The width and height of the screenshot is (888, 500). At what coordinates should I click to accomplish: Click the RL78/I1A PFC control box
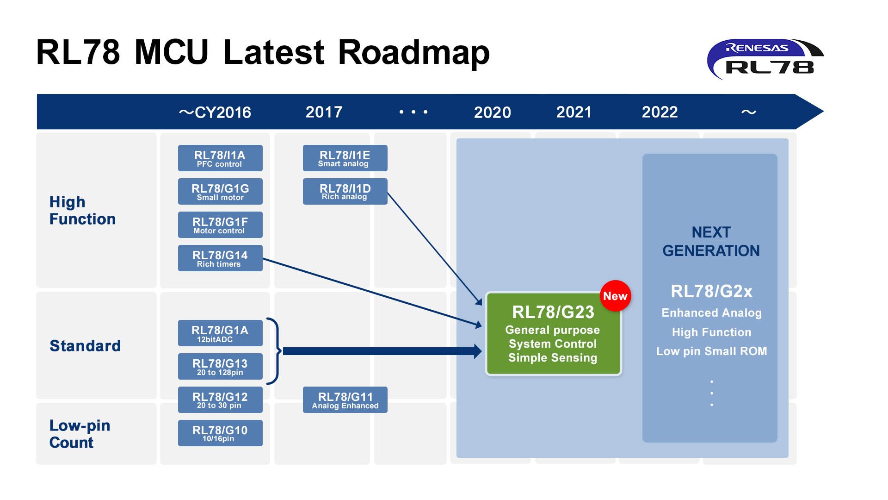[220, 158]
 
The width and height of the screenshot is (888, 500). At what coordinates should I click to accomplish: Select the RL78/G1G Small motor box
[220, 191]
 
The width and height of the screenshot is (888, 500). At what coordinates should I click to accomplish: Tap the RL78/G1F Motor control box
[220, 225]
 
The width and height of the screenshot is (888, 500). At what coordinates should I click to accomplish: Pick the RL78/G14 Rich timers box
[220, 258]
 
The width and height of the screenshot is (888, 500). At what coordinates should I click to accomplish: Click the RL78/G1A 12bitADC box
[220, 333]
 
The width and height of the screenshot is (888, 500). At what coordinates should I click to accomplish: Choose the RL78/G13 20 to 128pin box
[220, 366]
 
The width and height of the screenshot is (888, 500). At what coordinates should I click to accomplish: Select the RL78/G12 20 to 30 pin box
[220, 400]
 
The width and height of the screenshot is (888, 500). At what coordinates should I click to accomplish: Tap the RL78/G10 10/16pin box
[220, 433]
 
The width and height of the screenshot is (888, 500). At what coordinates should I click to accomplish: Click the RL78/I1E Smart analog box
[345, 158]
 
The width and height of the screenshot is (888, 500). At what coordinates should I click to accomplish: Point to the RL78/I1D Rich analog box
[345, 191]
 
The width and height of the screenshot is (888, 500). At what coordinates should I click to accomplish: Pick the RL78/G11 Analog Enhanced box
[345, 400]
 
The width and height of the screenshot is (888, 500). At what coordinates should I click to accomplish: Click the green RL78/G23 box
[553, 333]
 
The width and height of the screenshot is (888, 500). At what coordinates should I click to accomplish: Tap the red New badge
[615, 296]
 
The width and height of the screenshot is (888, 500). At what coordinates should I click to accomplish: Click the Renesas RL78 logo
[765, 59]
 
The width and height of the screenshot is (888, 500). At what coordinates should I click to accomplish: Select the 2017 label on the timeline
[324, 112]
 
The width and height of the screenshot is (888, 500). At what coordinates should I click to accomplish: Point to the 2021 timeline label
[574, 112]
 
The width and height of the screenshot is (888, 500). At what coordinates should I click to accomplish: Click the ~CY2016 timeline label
[215, 112]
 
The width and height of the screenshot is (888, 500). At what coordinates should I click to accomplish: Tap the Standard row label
[85, 346]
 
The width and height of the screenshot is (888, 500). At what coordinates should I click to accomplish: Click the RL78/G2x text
[712, 291]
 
